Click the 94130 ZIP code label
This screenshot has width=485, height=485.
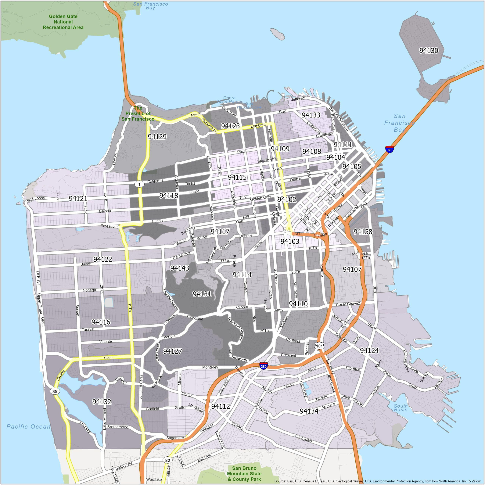[x=429, y=51]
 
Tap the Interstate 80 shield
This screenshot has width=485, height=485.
[x=389, y=150]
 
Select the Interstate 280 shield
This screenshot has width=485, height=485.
[x=263, y=366]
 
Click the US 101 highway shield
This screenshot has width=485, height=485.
[x=319, y=346]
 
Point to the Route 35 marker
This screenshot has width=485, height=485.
[x=55, y=391]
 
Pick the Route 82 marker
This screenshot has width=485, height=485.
[x=167, y=460]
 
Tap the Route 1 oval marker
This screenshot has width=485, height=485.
[x=139, y=184]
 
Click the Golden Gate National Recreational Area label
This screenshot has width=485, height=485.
[x=63, y=22]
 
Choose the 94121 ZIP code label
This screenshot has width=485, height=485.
[x=78, y=199]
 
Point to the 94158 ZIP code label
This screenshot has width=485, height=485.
[x=363, y=232]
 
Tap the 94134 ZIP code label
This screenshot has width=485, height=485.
[x=309, y=411]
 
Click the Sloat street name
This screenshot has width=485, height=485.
[x=108, y=358]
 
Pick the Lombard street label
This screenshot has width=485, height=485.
[x=258, y=125]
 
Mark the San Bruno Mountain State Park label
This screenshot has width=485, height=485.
[x=244, y=473]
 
